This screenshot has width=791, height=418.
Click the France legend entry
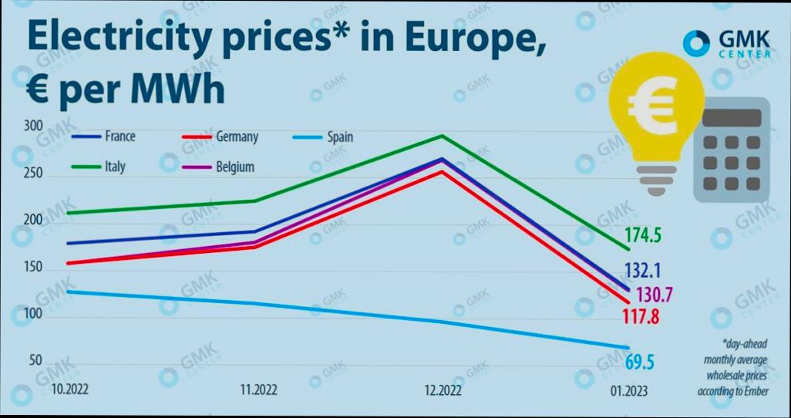pyautogui.click(x=104, y=137)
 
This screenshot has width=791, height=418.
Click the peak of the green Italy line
pyautogui.click(x=442, y=136)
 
